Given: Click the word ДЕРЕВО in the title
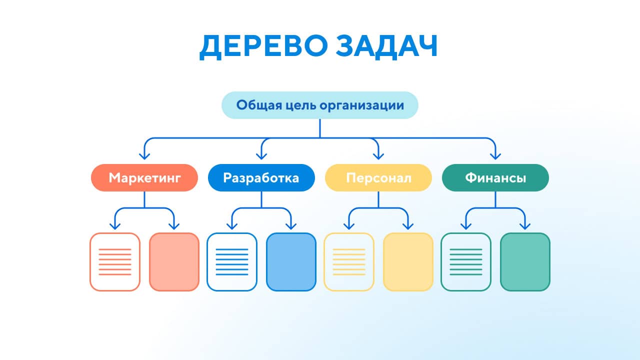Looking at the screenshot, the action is pos(263,46).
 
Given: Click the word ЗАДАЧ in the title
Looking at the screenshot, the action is pos(386,46).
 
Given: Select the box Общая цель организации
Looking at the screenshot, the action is pos(320,105).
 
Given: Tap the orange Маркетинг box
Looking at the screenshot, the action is pos(144,177).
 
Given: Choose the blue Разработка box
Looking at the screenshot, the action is pos(261,177).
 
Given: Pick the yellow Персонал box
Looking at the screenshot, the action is pos(378,177).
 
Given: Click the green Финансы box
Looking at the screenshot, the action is pos(495,177).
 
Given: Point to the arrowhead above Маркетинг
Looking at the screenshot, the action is pos(144,156).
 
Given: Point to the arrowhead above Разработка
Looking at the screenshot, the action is pos(261,156).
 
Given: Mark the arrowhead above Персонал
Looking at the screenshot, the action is pos(378,156).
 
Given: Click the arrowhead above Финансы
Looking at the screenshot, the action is pos(495,156).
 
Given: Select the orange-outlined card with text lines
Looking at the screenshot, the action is pos(115,262).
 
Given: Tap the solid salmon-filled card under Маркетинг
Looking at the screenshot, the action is pos(174,262).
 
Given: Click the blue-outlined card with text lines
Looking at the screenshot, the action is pos(232,262).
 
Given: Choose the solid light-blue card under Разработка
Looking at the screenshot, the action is pos(291,262).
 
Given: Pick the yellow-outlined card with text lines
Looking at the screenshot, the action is pos(349,262).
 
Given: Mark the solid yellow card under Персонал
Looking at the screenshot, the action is pos(408,262).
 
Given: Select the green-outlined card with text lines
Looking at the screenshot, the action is pos(466,262).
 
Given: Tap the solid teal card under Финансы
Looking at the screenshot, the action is pos(525,262).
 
